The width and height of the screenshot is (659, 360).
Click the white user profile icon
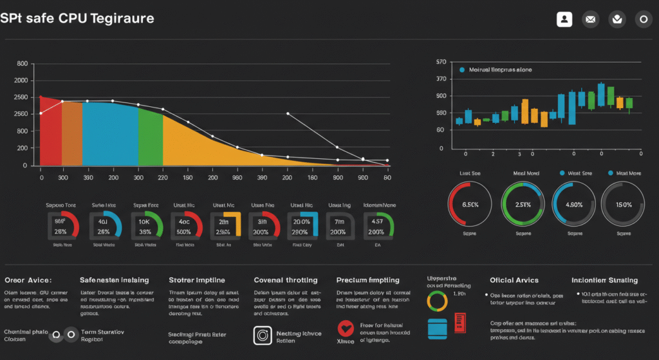[564, 19]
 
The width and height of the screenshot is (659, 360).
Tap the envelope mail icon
[590, 19]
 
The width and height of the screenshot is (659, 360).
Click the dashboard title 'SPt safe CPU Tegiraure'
[77, 18]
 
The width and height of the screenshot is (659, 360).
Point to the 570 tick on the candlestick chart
[441, 62]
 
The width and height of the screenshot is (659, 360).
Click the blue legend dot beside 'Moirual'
[461, 69]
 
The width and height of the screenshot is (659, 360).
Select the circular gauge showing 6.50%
[470, 204]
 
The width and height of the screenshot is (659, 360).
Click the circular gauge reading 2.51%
[522, 204]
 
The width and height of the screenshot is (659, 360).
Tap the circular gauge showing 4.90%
[573, 204]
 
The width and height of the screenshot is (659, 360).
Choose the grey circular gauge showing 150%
[624, 204]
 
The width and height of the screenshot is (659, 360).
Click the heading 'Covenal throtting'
[285, 280]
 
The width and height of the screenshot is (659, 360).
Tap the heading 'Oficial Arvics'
[514, 280]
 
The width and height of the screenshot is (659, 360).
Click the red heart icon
[346, 328]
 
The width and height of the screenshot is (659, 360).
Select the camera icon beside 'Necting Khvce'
[263, 334]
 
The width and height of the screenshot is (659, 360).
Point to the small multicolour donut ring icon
[437, 299]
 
